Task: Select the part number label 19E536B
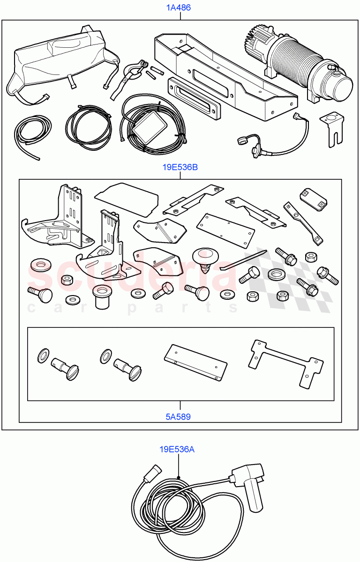(180, 167)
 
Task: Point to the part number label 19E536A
(177, 450)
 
